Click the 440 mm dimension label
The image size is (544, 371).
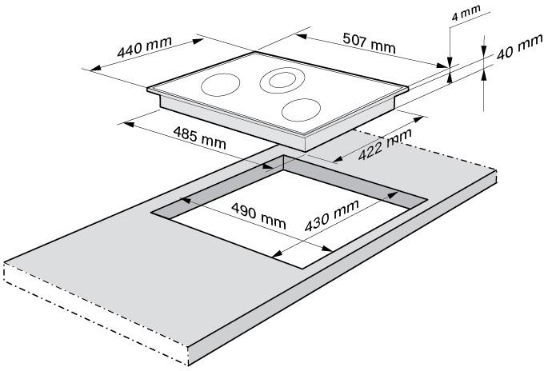point(144,46)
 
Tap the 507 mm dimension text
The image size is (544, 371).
point(369,42)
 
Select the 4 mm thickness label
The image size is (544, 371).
point(466,13)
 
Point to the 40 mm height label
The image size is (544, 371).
point(519,47)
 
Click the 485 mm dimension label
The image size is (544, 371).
point(199,138)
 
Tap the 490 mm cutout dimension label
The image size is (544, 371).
point(258,216)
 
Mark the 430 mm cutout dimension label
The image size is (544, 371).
point(332,215)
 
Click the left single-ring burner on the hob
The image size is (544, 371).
point(220,85)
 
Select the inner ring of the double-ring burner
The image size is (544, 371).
point(282,80)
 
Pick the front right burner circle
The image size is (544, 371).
point(301,110)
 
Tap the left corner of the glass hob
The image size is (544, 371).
point(147,90)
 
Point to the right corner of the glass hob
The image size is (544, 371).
point(408,89)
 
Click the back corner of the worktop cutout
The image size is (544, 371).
point(283,155)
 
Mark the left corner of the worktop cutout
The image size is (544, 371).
point(152,212)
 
